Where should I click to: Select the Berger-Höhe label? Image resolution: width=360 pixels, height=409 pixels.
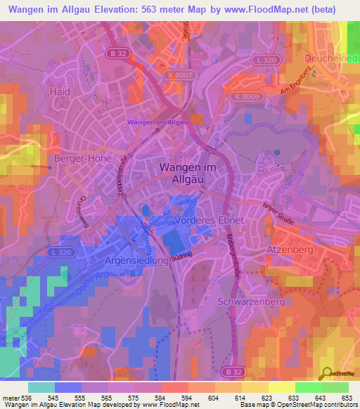[x=82, y=159]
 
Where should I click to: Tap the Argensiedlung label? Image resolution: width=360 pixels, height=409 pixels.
[x=137, y=261]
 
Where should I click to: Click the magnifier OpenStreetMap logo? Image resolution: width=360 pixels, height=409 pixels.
[x=325, y=374]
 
